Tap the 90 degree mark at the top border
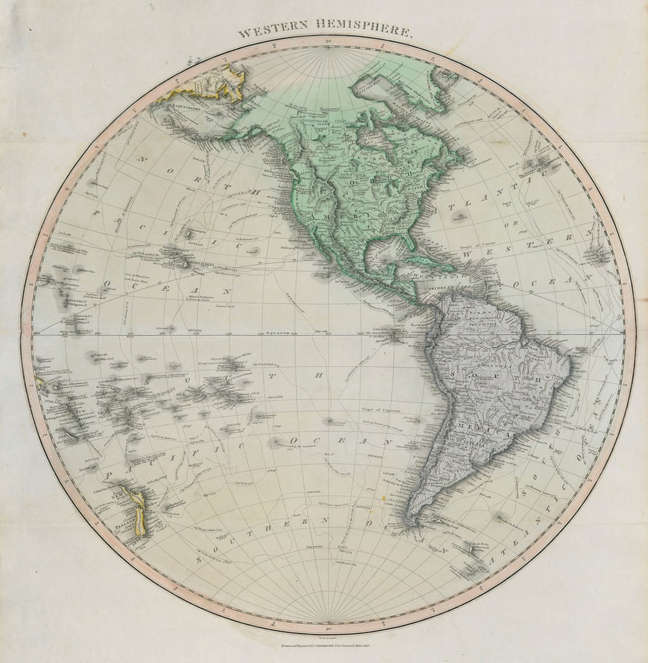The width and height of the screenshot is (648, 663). point(328,41)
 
